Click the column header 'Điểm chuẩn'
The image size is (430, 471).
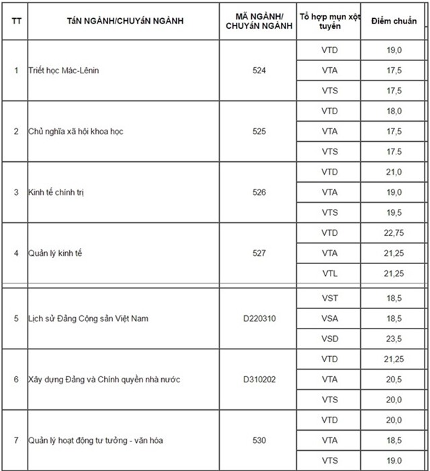[394, 20]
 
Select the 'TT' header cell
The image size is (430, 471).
[15, 20]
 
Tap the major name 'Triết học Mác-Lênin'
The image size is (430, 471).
[65, 71]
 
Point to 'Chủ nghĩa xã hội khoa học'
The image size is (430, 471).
[76, 131]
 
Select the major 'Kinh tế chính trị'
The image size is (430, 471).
[56, 192]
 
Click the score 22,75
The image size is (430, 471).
[394, 233]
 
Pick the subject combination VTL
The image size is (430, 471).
[330, 273]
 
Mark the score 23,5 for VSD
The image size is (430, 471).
[394, 338]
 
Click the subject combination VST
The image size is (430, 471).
[330, 297]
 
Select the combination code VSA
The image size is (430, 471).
[330, 318]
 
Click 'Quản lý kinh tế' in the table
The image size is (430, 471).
[55, 253]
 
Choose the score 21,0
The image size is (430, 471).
[394, 172]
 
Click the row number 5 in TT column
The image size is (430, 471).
[15, 318]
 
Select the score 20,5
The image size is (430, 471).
[394, 380]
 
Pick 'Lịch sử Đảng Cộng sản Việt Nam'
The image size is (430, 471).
[88, 318]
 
